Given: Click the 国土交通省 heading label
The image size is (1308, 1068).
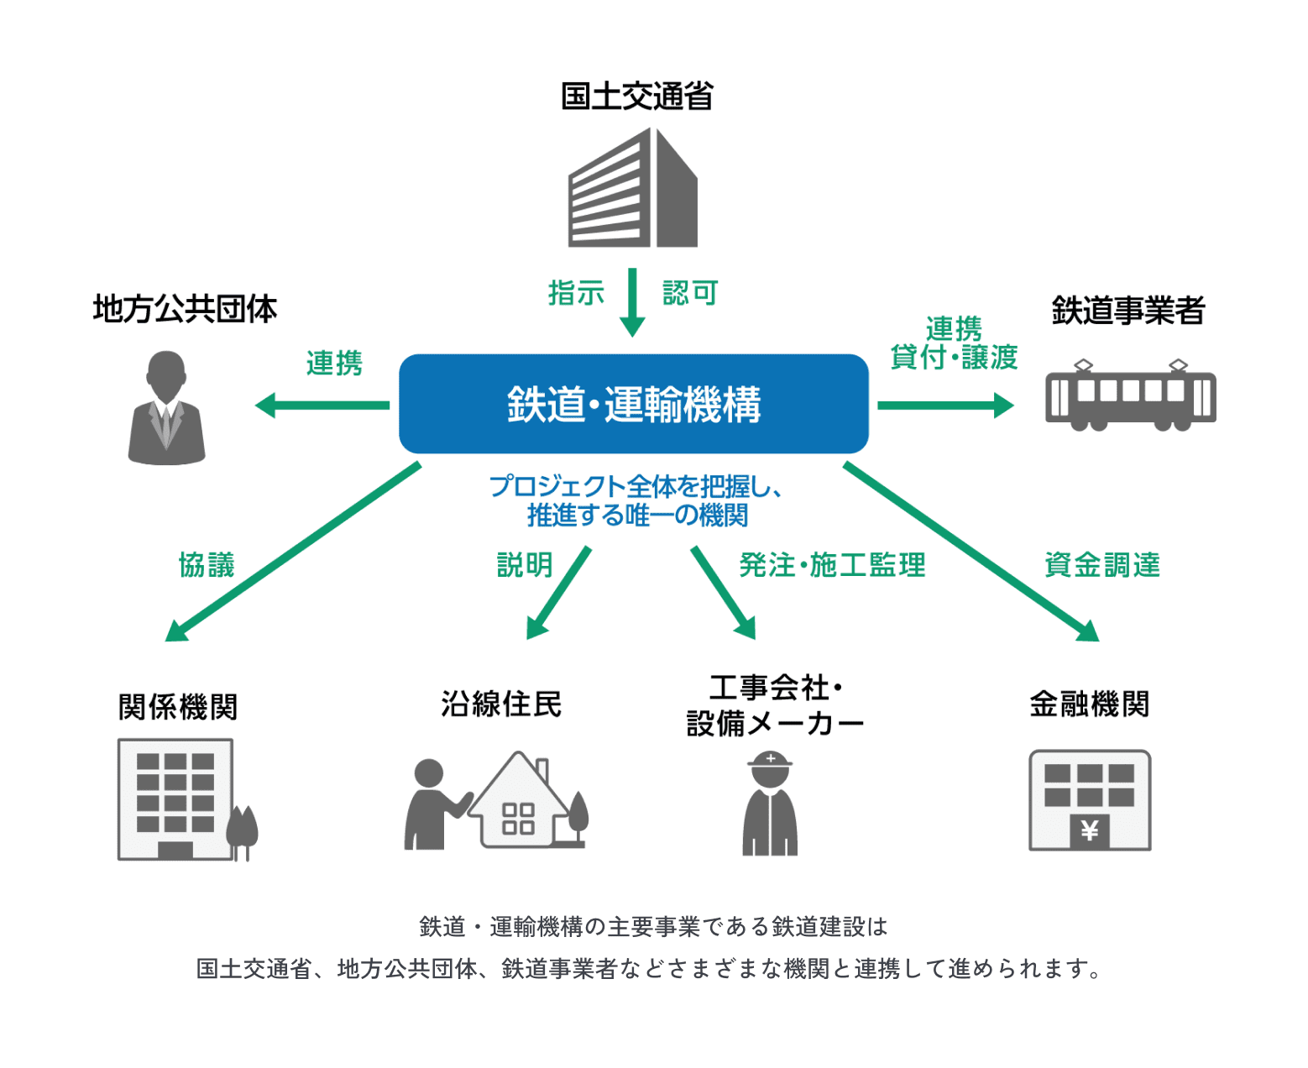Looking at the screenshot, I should coord(636,97).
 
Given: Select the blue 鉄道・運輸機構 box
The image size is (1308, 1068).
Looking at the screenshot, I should coord(633,404).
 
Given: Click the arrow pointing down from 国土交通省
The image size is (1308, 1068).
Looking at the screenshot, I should coord(632,303).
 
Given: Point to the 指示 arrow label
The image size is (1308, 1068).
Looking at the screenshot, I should coord(576,293).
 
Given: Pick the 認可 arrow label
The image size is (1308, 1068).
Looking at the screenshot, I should coord(690,293).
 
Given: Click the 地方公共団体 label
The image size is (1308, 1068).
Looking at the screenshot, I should coord(185,309).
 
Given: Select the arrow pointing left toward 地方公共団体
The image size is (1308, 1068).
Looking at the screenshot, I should coord(322,406).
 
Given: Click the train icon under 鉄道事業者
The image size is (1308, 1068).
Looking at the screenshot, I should coord(1130,396).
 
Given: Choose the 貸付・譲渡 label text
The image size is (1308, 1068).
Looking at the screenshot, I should coord(954,358).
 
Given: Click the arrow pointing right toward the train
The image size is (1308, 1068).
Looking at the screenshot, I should coord(945,406).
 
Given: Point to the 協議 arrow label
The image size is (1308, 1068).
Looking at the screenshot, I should coord(207,565).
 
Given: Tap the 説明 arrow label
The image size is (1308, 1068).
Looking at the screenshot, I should coord(525,565).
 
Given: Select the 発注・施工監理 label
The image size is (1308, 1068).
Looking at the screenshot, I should coord(832,565).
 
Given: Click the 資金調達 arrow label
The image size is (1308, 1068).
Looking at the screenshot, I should coord(1101,565).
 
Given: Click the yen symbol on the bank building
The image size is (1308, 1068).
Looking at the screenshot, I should coord(1090,831).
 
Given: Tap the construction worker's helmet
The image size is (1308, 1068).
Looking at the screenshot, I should coord(770,761).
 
